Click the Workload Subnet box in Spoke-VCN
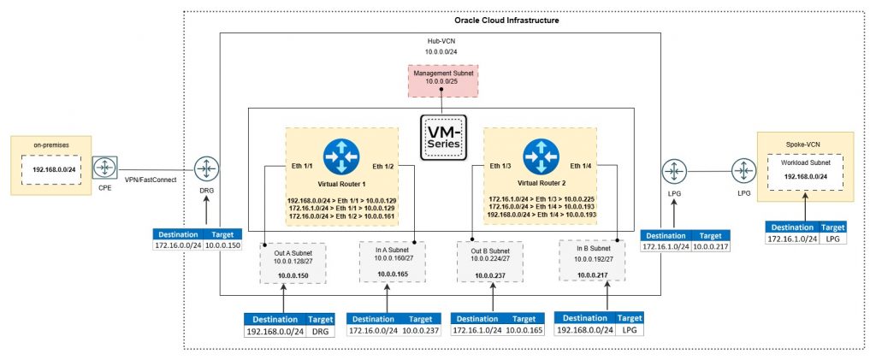(808, 172)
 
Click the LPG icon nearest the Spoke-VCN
(740, 169)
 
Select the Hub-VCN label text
(441, 40)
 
